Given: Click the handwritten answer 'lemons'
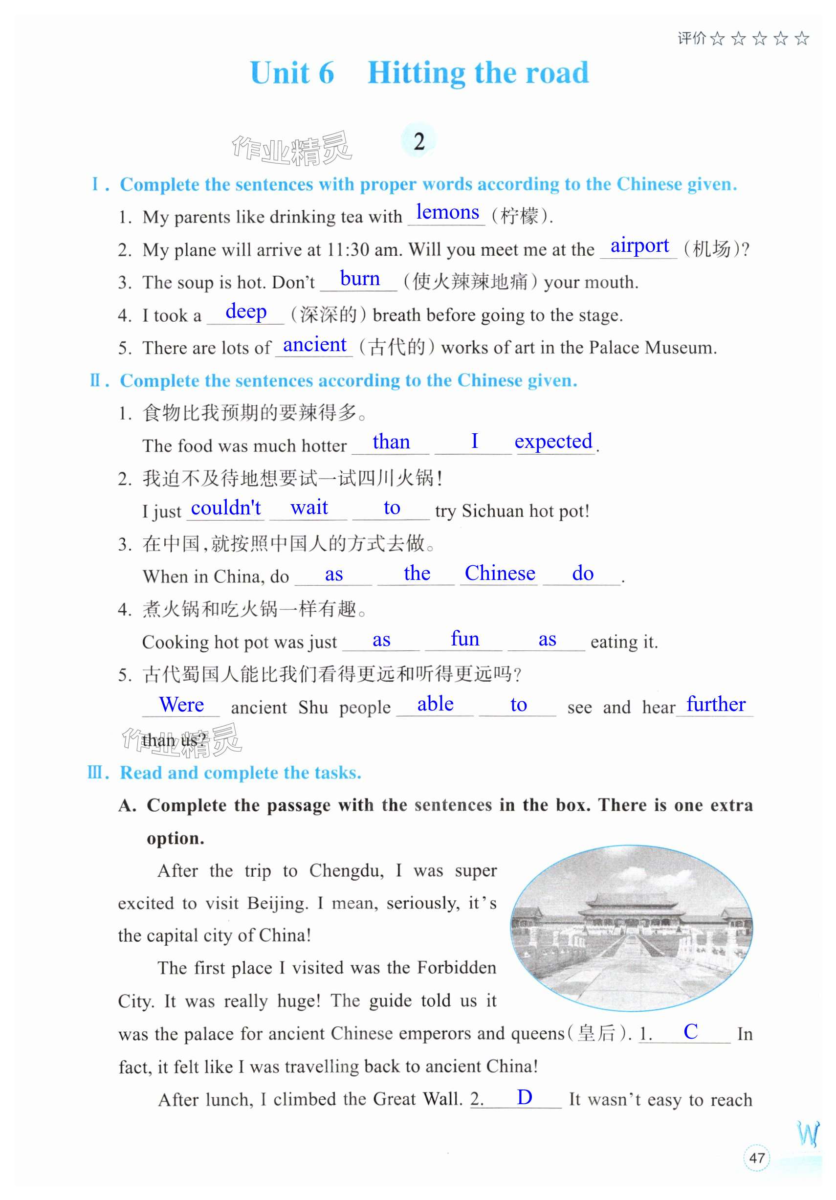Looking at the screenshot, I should (447, 213).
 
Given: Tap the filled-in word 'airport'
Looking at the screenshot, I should (639, 245).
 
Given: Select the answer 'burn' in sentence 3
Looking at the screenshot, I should (359, 279).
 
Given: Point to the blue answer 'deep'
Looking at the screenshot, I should (245, 311).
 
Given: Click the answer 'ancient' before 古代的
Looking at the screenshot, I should (314, 345).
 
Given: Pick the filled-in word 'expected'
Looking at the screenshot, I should (553, 442).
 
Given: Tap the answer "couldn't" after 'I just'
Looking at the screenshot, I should (226, 508).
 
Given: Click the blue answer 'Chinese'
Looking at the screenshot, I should (500, 573).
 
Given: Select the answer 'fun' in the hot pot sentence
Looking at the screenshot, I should (464, 639).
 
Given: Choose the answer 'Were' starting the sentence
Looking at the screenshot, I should (181, 705).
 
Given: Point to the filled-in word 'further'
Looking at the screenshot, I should (715, 705).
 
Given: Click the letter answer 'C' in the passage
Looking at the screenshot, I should (690, 1031).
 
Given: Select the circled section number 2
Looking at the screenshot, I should (418, 142).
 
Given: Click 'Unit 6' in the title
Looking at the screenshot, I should (291, 73).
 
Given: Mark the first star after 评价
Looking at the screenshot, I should (717, 39).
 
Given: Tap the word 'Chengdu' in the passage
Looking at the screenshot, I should (346, 871).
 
